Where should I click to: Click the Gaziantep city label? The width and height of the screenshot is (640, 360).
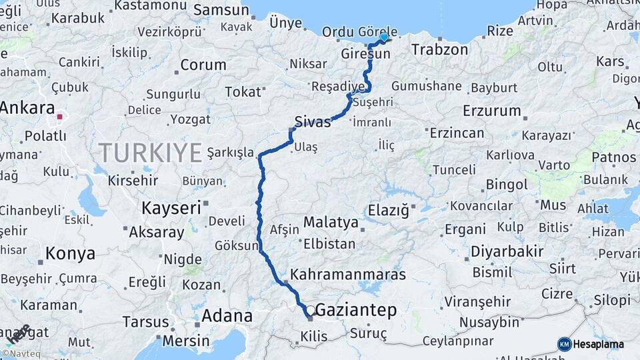click(x=355, y=310)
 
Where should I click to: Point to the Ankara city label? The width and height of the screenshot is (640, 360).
click(x=27, y=107)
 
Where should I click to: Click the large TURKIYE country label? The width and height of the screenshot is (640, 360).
click(x=151, y=153)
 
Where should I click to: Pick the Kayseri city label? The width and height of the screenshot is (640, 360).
click(x=171, y=208)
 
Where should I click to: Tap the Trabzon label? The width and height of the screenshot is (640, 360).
click(x=440, y=49)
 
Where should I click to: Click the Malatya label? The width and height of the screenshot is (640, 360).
click(x=331, y=221)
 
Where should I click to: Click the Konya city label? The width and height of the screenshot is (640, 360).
click(x=70, y=253)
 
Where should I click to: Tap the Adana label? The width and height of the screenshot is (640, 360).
click(x=227, y=315)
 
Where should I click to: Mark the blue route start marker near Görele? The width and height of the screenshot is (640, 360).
click(x=383, y=37)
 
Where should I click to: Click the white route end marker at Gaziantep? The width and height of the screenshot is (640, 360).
click(x=310, y=311)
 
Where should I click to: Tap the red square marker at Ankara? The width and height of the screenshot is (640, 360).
click(x=60, y=117)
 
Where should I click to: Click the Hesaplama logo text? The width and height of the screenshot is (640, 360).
click(x=597, y=344)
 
